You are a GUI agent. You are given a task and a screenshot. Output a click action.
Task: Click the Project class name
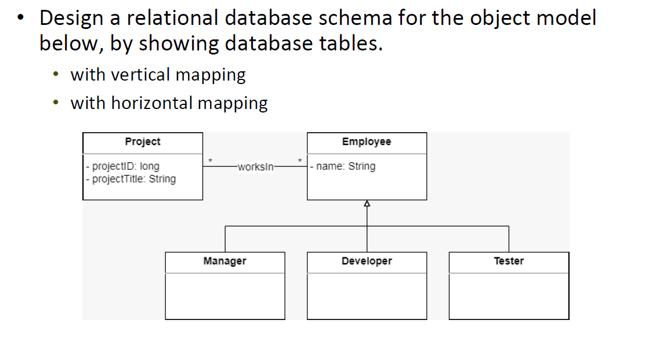(x=143, y=142)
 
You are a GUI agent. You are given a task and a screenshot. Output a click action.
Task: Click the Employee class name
(x=367, y=142)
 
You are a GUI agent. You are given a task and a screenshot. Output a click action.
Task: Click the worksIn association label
(x=255, y=167)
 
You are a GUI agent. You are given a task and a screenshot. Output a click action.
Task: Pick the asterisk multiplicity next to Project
(x=211, y=159)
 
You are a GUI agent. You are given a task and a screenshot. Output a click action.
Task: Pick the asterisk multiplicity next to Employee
(x=300, y=159)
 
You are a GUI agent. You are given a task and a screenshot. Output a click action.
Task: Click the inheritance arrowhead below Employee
(x=367, y=203)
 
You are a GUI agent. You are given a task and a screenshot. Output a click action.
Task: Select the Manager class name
(x=224, y=261)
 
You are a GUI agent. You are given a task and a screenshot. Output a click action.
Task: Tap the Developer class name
(x=367, y=261)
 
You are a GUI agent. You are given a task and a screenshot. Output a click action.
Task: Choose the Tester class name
(x=509, y=261)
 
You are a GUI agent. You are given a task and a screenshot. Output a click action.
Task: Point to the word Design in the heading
(x=71, y=18)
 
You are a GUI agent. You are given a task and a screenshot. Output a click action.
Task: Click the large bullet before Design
(x=21, y=18)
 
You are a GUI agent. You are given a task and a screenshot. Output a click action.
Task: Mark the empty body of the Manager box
(x=224, y=296)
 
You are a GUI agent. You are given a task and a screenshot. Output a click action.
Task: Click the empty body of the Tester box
(x=509, y=296)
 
